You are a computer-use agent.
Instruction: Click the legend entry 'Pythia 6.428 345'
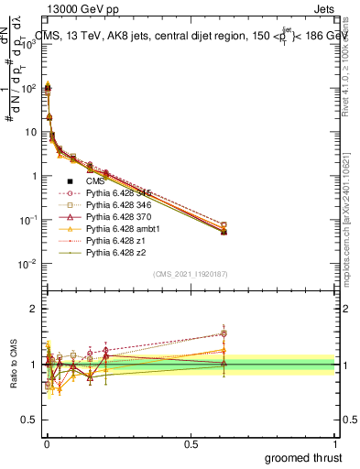[122, 193]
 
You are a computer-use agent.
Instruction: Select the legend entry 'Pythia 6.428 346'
[122, 205]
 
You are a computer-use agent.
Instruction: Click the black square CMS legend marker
[70, 181]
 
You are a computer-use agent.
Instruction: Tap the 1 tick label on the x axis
[334, 442]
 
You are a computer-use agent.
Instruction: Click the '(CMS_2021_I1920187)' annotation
[190, 274]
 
